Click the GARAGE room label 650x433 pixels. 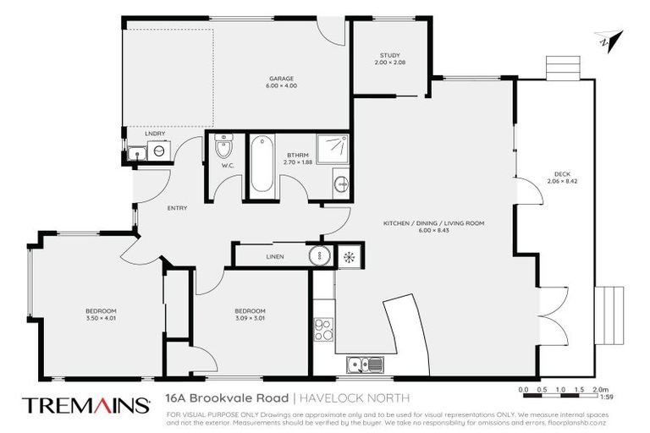pos(282,78)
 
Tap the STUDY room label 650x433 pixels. pos(390,56)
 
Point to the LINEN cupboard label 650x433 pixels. pos(274,256)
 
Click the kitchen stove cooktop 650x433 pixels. pos(323,328)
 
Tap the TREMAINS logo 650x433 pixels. pos(82,404)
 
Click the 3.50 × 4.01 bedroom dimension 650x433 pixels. pos(101,318)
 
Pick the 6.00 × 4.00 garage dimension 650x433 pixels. pos(282,85)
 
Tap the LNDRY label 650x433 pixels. pos(154,134)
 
